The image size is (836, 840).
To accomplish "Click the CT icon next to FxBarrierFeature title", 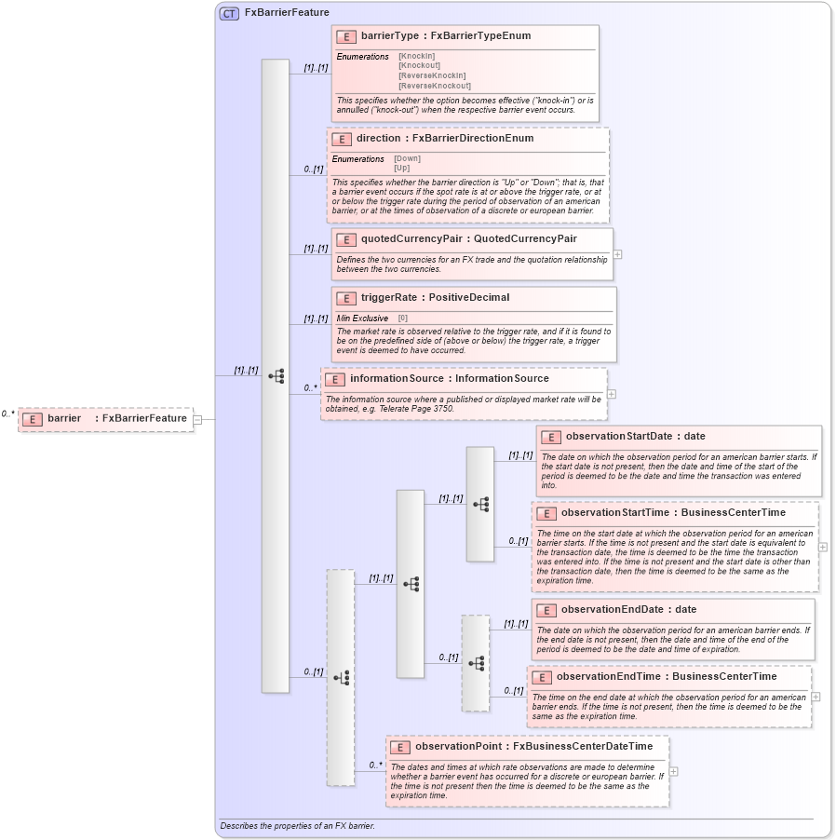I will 229,13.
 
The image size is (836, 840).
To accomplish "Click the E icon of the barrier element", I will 33,419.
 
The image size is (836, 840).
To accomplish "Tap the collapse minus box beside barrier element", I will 197,419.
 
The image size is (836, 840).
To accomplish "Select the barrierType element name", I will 390,36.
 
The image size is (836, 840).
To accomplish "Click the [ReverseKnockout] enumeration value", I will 435,86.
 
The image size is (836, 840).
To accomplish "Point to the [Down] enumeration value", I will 407,158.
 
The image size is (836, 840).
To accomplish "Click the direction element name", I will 378,138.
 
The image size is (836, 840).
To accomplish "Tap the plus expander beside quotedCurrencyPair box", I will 617,253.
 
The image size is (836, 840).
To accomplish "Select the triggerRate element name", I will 388,298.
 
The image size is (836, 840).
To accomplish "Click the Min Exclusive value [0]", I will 403,318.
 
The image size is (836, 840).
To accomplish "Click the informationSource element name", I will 398,379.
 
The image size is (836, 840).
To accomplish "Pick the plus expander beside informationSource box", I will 612,393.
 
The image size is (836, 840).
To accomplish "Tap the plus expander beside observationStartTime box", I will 823,547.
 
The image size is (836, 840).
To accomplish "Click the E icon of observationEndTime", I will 541,677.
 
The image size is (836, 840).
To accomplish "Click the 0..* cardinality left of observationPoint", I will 375,765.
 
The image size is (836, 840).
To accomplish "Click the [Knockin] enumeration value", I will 417,56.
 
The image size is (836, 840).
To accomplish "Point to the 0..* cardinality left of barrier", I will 8,413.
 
